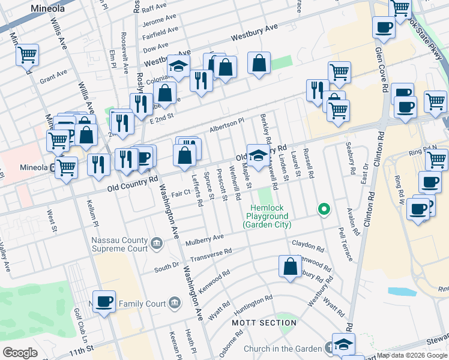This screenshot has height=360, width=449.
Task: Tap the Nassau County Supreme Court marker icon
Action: (x=157, y=243)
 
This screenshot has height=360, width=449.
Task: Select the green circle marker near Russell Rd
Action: (x=324, y=209)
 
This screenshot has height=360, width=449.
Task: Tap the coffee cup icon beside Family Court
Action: (x=104, y=301)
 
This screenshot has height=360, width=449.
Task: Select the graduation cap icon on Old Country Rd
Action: (x=258, y=155)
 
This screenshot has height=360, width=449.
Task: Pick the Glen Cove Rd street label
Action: (x=381, y=72)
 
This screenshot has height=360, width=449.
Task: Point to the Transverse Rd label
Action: (x=211, y=256)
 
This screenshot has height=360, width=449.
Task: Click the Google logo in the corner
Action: (x=20, y=353)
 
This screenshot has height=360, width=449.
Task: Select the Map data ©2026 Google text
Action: (x=412, y=355)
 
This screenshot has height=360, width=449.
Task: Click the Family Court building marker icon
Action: (x=175, y=301)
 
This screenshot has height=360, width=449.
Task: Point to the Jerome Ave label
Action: (x=159, y=20)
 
